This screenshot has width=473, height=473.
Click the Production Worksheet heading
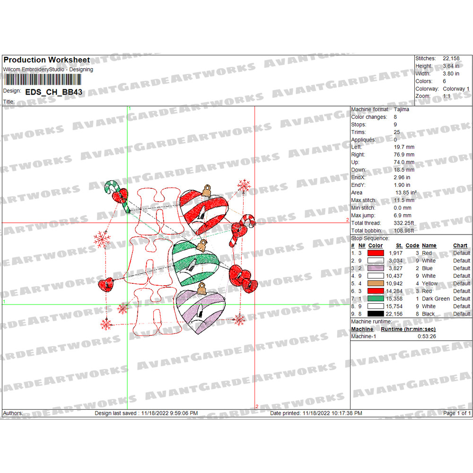[x=47, y=60]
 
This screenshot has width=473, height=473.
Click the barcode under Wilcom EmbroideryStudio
[x=43, y=79]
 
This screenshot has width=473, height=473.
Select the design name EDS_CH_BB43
[x=54, y=92]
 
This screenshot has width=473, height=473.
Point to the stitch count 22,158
[x=451, y=58]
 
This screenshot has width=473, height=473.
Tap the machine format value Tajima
[x=402, y=109]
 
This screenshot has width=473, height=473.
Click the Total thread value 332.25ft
[x=403, y=223]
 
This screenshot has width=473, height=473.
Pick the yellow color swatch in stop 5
[x=376, y=283]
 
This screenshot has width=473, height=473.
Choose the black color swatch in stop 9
[x=376, y=314]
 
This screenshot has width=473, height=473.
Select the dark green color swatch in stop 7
[x=376, y=298]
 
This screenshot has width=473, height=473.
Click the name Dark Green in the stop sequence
[x=436, y=298]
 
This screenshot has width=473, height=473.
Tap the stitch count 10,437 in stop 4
[x=394, y=276]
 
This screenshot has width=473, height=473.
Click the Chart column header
[x=460, y=245]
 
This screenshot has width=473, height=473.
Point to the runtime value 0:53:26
[x=427, y=336]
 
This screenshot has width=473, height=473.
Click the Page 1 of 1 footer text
[x=457, y=413]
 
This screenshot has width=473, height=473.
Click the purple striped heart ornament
[x=201, y=311]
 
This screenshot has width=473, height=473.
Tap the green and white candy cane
[x=117, y=196]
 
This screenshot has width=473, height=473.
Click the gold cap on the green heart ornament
[x=202, y=245]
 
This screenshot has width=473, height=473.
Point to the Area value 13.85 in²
[x=406, y=193]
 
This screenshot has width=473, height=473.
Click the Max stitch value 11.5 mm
[x=403, y=200]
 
